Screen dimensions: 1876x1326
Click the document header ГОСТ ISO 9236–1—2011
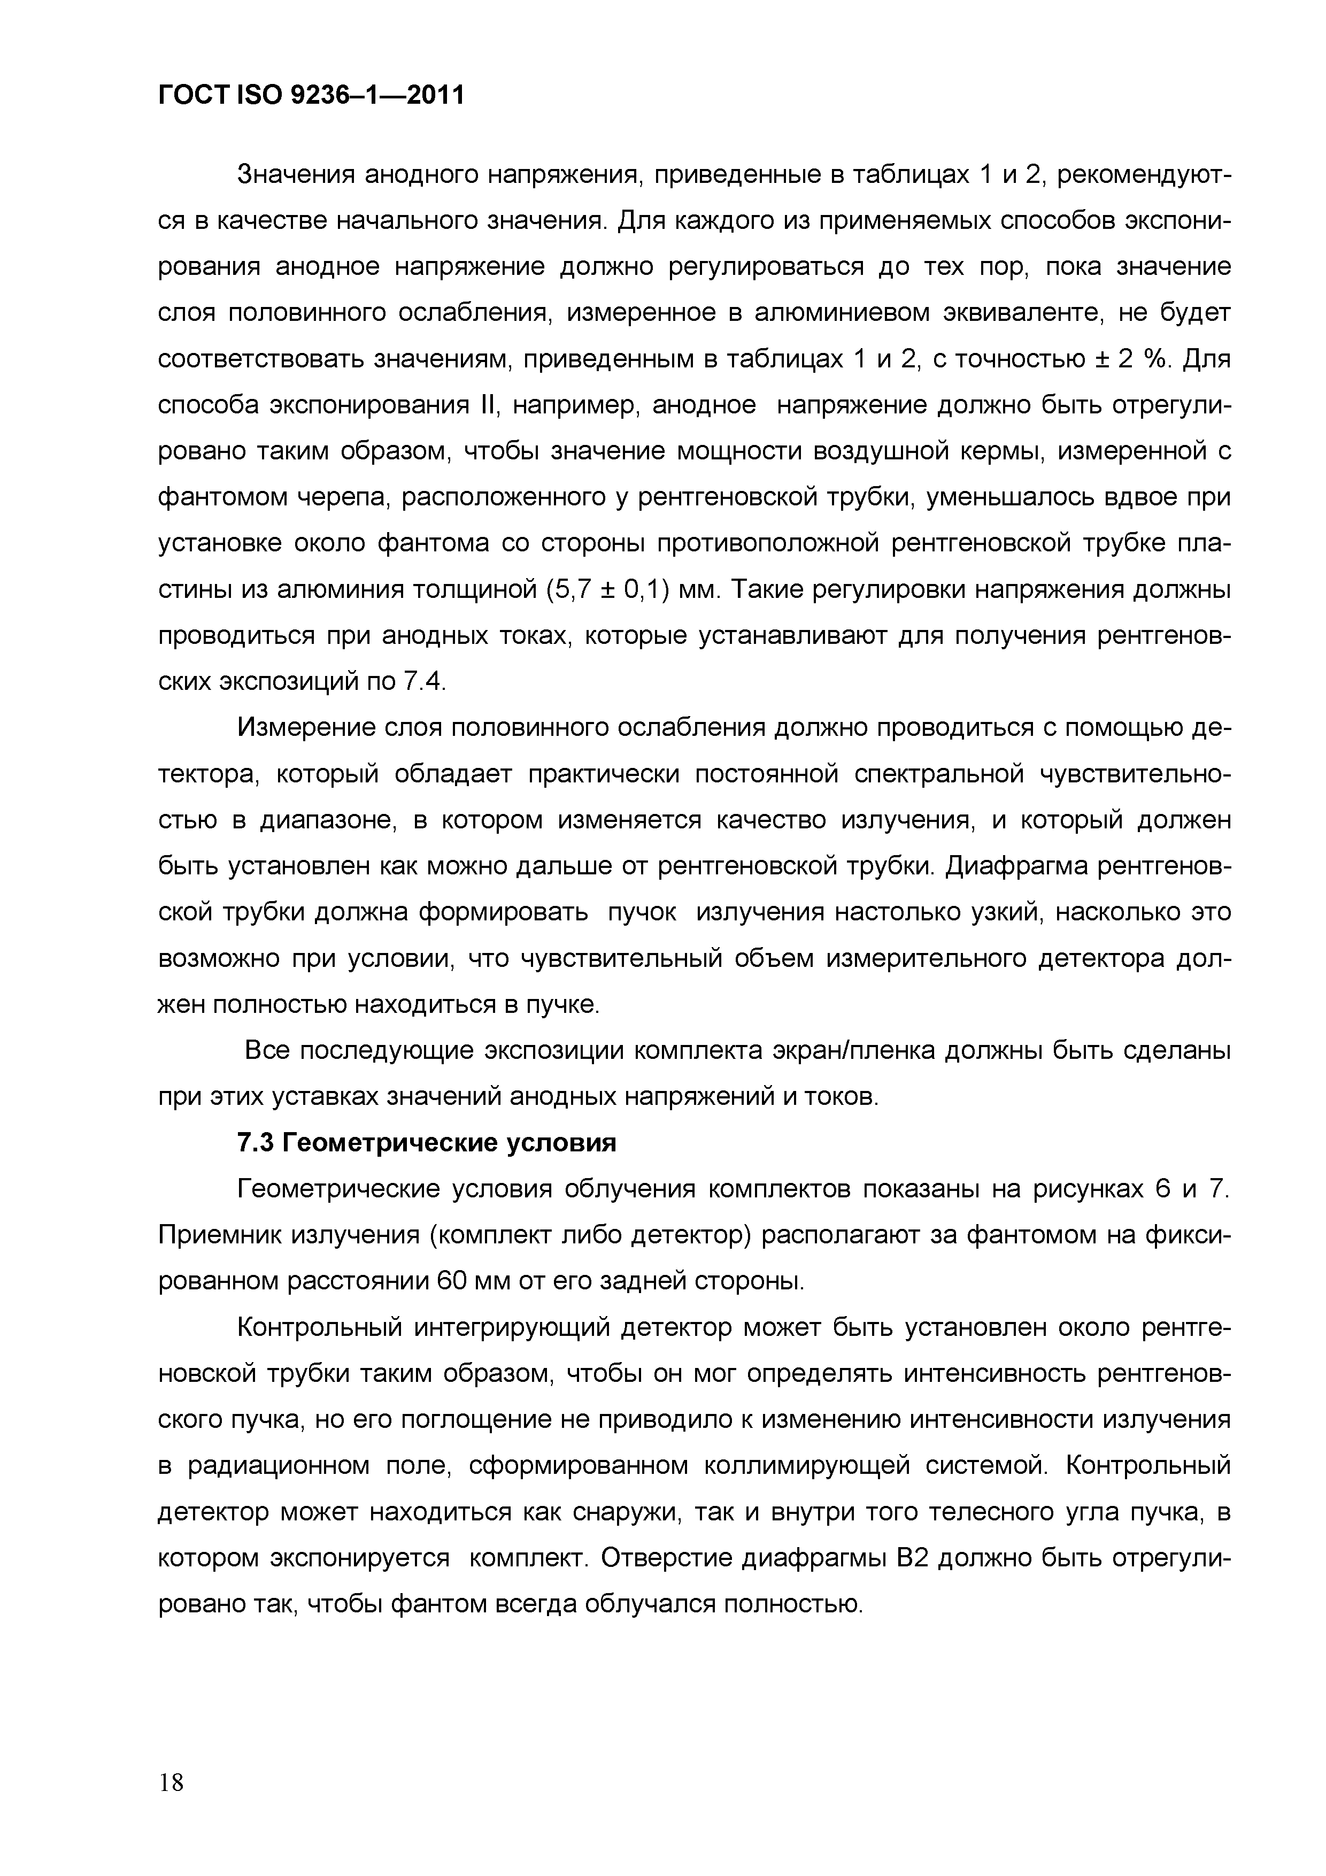(x=311, y=96)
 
